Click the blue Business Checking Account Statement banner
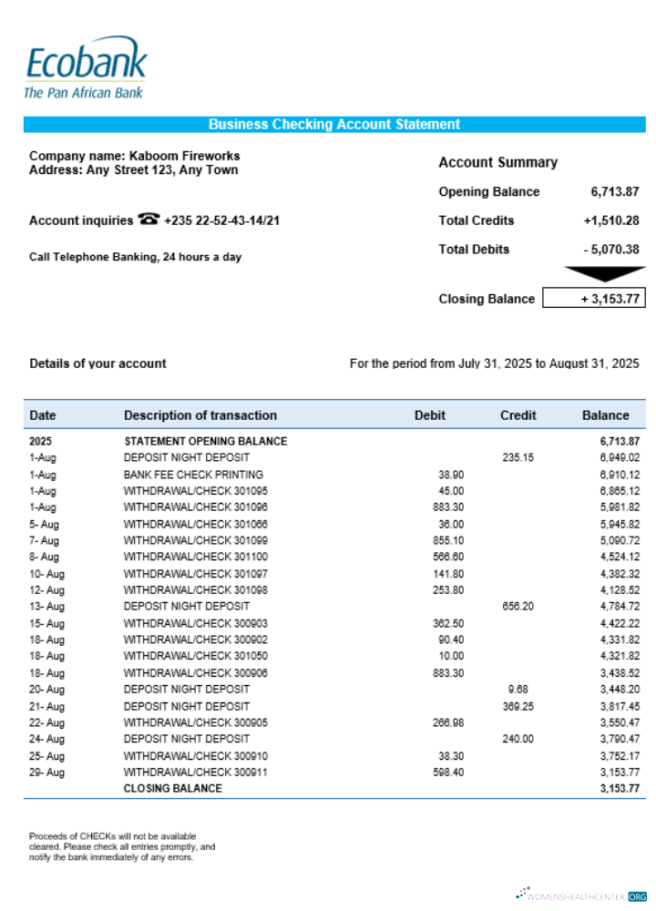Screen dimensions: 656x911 334,125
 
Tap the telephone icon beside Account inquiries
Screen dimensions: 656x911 148,220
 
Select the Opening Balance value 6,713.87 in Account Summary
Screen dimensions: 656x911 614,192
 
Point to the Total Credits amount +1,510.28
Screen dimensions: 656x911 610,220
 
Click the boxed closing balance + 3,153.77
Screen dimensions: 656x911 594,299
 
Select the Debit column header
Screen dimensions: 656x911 430,415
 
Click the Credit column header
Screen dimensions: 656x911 518,415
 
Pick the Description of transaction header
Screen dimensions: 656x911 200,415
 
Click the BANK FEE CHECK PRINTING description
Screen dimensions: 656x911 193,475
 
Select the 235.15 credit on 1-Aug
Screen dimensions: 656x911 518,458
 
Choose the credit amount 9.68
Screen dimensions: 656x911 516,690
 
